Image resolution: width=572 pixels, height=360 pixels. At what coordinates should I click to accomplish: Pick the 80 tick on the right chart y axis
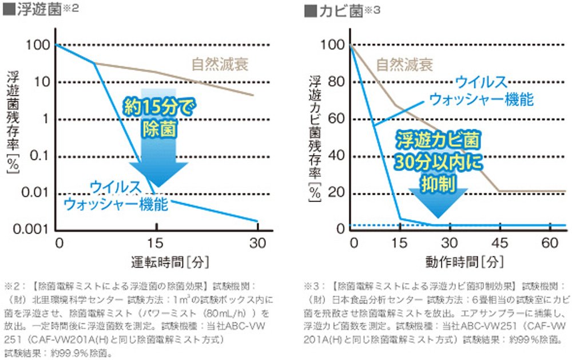pyautogui.click(x=334, y=81)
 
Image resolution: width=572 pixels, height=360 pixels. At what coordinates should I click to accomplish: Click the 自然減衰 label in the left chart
pyautogui.click(x=219, y=64)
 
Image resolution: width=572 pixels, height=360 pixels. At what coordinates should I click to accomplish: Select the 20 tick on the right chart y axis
pyautogui.click(x=334, y=192)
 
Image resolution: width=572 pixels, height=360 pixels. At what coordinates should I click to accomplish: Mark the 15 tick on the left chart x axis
pyautogui.click(x=157, y=242)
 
